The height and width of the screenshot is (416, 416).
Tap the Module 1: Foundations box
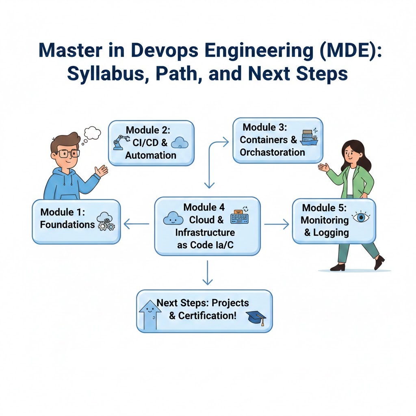(76, 221)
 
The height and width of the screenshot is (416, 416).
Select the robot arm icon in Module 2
(119, 142)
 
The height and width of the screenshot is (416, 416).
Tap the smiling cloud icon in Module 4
(173, 219)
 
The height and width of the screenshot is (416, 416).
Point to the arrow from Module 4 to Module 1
(136, 223)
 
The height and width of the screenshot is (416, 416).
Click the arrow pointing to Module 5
(276, 224)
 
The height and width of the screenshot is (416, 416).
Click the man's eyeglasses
(68, 154)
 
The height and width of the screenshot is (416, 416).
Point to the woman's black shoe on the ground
(338, 266)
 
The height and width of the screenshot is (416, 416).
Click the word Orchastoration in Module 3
(272, 152)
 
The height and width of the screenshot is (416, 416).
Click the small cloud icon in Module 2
(180, 142)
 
